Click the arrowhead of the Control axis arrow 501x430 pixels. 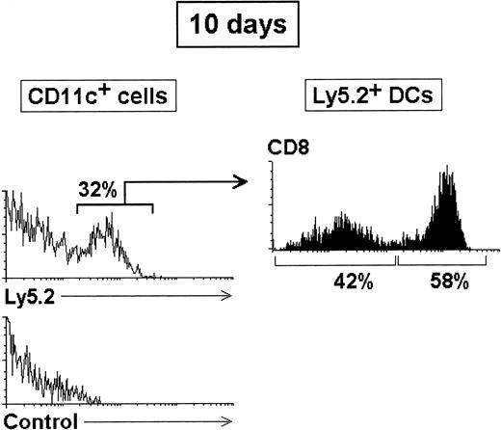tap(227, 421)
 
